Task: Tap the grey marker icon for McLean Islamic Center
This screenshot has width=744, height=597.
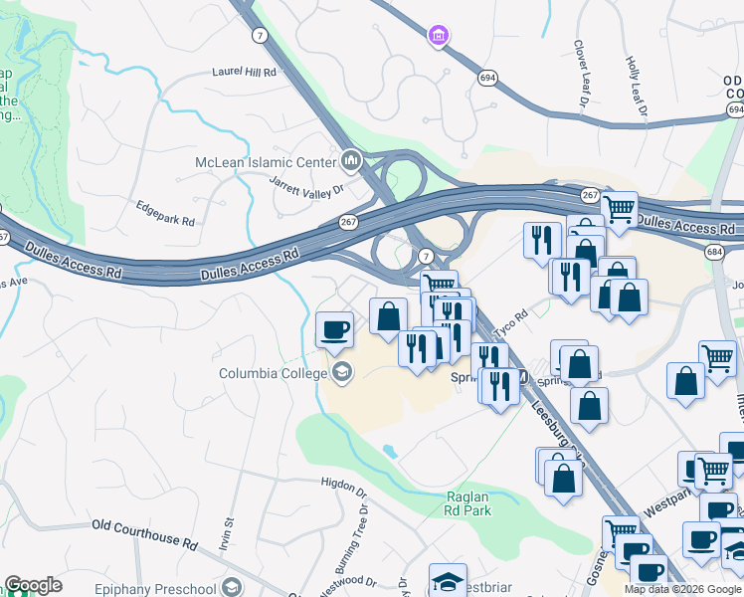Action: [350, 160]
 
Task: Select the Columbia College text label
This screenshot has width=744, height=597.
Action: [274, 373]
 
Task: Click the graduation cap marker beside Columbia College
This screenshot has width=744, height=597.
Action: [342, 374]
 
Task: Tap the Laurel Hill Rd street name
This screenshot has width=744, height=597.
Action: [244, 72]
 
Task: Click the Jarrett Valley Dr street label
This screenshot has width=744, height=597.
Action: [306, 184]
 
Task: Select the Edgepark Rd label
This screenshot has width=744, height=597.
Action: [166, 211]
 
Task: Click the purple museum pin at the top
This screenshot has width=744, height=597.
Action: [436, 36]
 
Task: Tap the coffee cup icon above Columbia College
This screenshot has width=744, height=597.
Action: [335, 328]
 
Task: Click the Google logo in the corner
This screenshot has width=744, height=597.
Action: [33, 585]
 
